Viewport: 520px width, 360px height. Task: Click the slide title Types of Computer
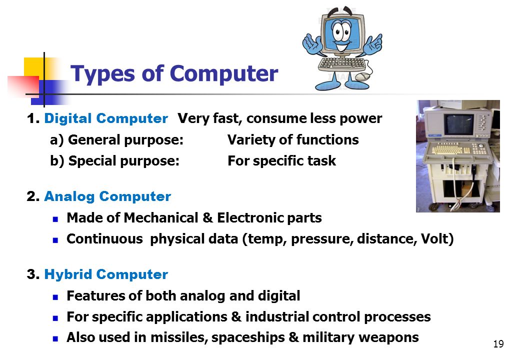coord(174,74)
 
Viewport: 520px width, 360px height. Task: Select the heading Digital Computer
coord(106,118)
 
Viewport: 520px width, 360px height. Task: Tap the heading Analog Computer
coord(107,196)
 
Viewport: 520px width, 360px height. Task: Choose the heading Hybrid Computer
coord(106,274)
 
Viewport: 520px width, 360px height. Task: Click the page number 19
coord(498,344)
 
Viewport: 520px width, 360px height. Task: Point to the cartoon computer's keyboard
coord(341,64)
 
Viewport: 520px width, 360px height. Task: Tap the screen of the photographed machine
coord(459,124)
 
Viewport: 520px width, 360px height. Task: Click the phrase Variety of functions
coord(293,140)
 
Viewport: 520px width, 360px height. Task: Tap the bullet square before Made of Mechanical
coord(55,219)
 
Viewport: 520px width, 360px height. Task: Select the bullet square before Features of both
coord(55,297)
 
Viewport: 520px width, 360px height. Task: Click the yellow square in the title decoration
coord(34,68)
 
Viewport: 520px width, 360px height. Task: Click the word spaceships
coord(248,337)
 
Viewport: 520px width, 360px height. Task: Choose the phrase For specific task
coord(282,161)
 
